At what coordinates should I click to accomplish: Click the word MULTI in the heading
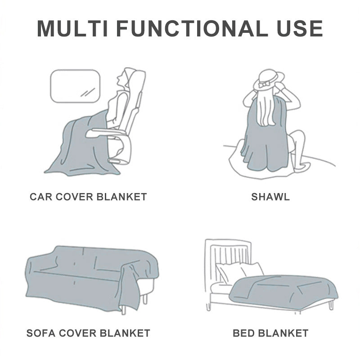pos(72,28)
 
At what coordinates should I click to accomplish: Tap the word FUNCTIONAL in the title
pos(189,28)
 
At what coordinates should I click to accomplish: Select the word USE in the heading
pos(300,28)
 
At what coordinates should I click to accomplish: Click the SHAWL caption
pos(270,197)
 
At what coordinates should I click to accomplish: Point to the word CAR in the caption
pos(41,197)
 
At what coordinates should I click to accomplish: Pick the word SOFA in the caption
pos(41,333)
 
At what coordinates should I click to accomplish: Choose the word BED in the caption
pos(244,333)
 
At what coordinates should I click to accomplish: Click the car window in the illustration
pos(75,86)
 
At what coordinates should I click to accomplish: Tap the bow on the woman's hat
pos(264,84)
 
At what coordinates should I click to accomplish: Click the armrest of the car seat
pos(104,132)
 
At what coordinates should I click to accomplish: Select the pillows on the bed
pos(239,273)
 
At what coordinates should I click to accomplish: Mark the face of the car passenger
pos(121,79)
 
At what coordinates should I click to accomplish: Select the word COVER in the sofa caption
pos(77,333)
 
